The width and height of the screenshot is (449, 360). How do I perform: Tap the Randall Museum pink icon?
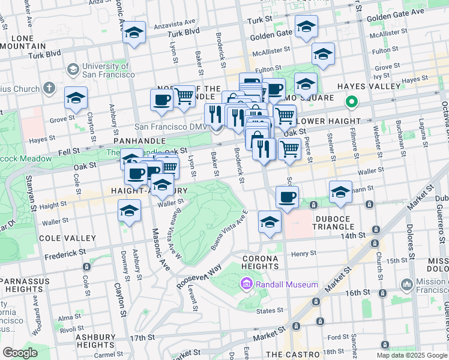pos(246,283)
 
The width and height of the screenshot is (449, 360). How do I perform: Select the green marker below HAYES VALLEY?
pos(354,102)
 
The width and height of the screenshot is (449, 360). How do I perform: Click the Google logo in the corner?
pos(20,353)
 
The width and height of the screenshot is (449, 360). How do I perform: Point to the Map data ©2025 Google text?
pos(411,355)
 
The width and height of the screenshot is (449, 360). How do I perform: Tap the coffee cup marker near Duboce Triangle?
pos(287,197)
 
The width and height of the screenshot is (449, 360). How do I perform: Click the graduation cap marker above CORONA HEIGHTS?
pos(270,222)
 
